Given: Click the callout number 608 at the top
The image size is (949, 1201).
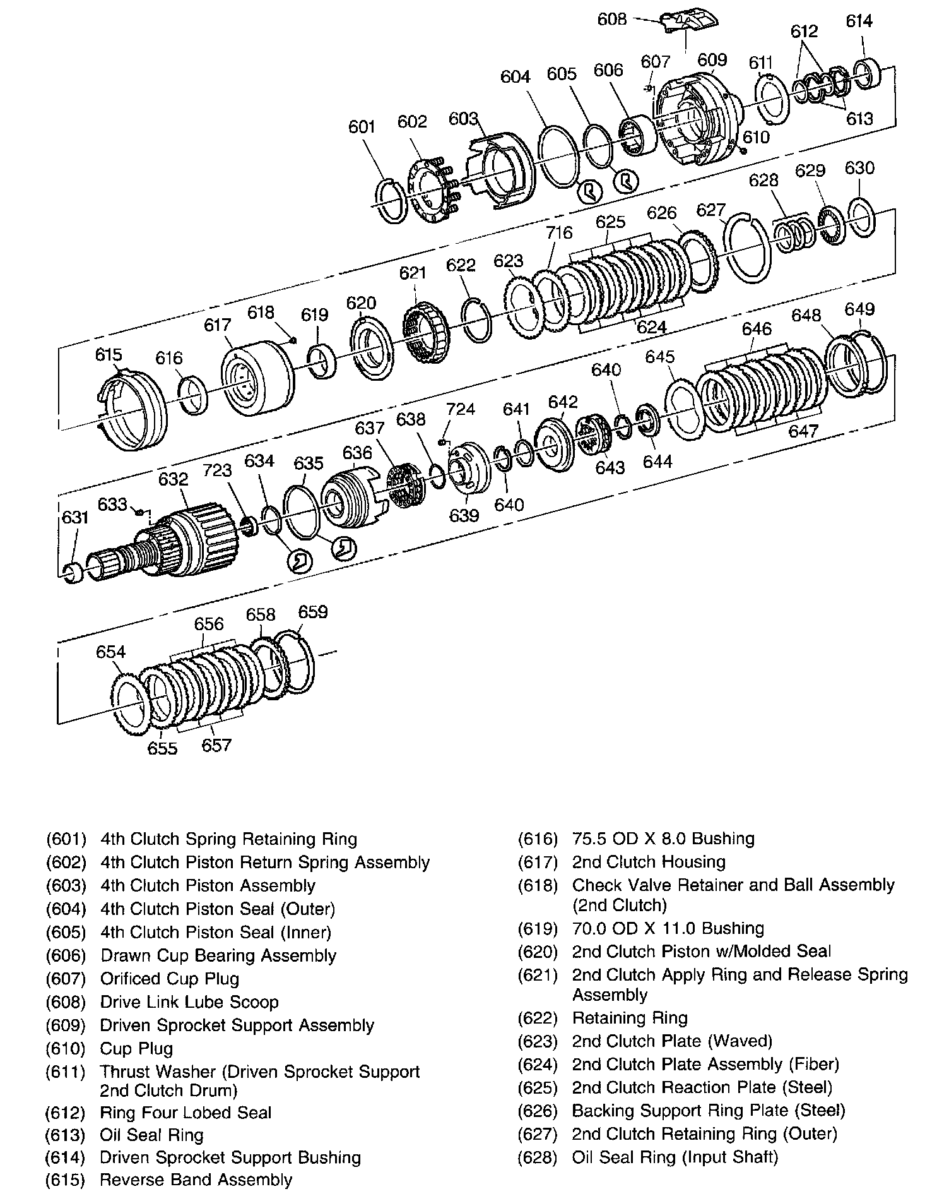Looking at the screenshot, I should [611, 19].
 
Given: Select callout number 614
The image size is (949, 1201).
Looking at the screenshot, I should [859, 21].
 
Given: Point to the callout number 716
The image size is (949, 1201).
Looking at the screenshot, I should [559, 233].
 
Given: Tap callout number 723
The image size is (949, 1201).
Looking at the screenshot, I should [217, 470].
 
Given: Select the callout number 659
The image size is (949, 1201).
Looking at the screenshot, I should [313, 612].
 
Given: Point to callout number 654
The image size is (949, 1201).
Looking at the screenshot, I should [111, 652].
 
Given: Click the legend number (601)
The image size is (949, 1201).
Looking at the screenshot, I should [66, 839].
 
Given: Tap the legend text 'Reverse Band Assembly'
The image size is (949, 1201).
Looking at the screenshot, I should [196, 1180].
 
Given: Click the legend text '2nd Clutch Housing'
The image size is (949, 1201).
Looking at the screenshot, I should [648, 862].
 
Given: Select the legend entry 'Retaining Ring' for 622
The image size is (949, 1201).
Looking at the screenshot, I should [629, 1018].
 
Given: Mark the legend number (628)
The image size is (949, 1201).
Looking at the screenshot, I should [538, 1157].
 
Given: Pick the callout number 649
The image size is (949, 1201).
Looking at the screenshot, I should [859, 309].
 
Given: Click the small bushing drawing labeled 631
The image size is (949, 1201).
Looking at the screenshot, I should [74, 572].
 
